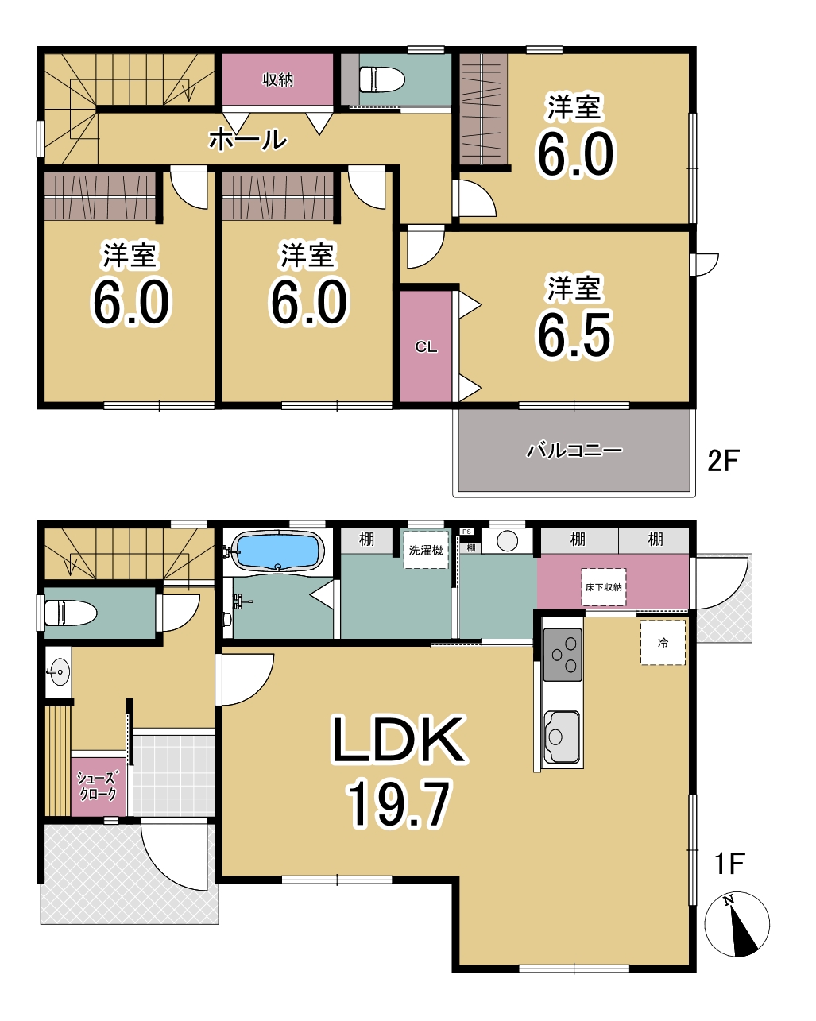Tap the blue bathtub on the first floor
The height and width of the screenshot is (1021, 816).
(277, 551)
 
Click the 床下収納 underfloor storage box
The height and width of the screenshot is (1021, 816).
(604, 587)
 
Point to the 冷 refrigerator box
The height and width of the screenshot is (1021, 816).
(663, 643)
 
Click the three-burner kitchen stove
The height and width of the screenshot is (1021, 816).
(563, 655)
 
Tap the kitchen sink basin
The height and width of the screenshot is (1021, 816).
(563, 737)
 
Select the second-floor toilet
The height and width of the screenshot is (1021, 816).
(381, 79)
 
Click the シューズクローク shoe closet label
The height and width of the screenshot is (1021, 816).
(97, 786)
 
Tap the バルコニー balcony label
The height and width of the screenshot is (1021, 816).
(574, 450)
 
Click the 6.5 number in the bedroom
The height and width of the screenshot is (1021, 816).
(574, 335)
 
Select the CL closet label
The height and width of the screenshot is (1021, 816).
(426, 347)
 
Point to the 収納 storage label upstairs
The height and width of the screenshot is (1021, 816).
(277, 79)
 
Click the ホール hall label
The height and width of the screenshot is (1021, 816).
(248, 140)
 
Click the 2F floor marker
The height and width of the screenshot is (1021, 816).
(723, 460)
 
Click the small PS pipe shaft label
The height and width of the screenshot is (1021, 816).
(467, 532)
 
